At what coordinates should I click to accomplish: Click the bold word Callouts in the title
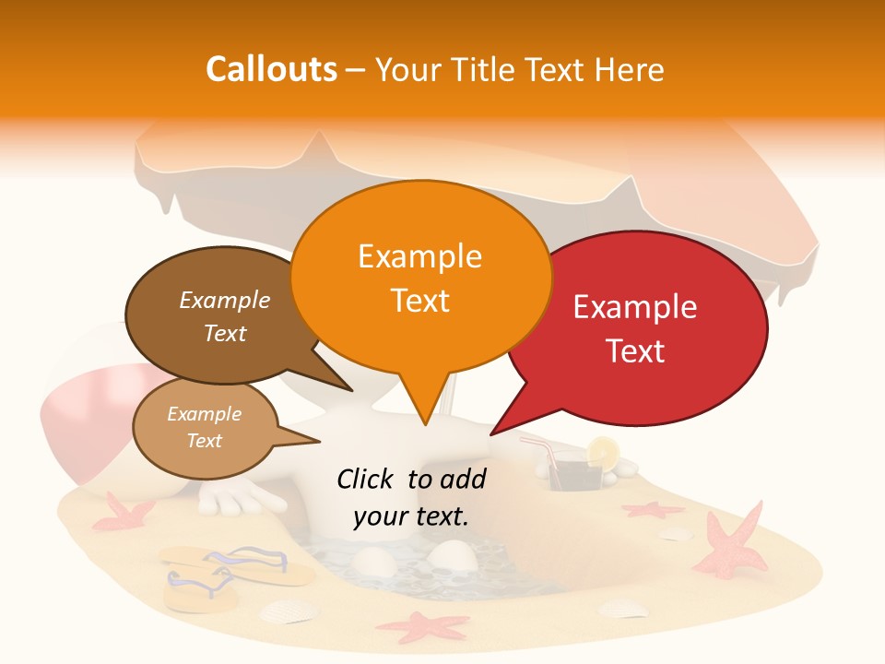[271, 69]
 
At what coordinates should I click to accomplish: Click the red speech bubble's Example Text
[635, 328]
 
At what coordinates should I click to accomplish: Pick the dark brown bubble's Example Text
[225, 316]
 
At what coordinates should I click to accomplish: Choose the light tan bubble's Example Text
[204, 427]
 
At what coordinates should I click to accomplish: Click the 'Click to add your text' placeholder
[411, 497]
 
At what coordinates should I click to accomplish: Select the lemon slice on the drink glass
[604, 451]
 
